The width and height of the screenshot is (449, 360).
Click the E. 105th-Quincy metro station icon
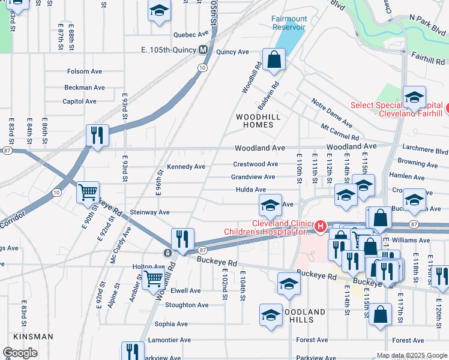[x=203, y=50]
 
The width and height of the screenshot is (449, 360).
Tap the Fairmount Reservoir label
[x=288, y=23]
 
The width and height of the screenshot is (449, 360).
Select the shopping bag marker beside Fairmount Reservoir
[x=274, y=60]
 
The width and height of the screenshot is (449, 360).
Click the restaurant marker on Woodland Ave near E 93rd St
[x=97, y=134]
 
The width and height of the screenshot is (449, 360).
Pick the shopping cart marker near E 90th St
[x=88, y=193]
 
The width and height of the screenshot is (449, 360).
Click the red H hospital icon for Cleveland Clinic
[x=321, y=226]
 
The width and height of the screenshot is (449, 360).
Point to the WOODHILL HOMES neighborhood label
[x=262, y=121]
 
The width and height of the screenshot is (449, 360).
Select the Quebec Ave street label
[x=191, y=34]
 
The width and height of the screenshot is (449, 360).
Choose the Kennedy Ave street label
[x=186, y=166]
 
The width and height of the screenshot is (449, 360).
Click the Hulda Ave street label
[x=250, y=190]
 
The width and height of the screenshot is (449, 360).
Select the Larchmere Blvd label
[x=426, y=151]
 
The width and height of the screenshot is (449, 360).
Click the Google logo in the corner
[x=20, y=353]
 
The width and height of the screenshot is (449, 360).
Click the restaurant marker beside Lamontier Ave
[x=133, y=352]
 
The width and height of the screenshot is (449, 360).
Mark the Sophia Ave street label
[x=171, y=324]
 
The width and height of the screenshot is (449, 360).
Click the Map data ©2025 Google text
[x=412, y=355]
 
